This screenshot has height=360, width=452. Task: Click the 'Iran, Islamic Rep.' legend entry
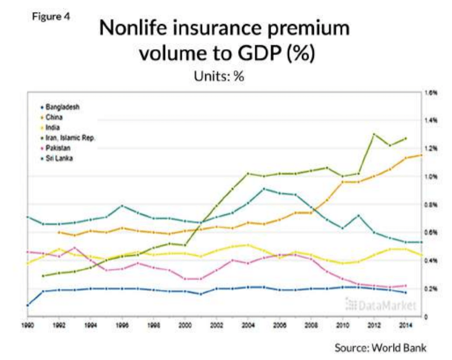(x=69, y=137)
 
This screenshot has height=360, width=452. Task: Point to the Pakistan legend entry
(x=57, y=148)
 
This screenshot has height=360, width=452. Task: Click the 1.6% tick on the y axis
(x=431, y=92)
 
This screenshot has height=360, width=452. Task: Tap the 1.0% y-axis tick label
(x=431, y=176)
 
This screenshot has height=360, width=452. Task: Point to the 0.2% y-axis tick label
(x=431, y=289)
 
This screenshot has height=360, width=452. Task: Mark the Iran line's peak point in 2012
(x=374, y=134)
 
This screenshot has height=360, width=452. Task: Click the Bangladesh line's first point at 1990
(x=27, y=305)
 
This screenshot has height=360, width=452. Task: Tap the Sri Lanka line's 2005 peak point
(x=264, y=188)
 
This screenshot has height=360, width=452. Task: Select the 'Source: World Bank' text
(x=380, y=348)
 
